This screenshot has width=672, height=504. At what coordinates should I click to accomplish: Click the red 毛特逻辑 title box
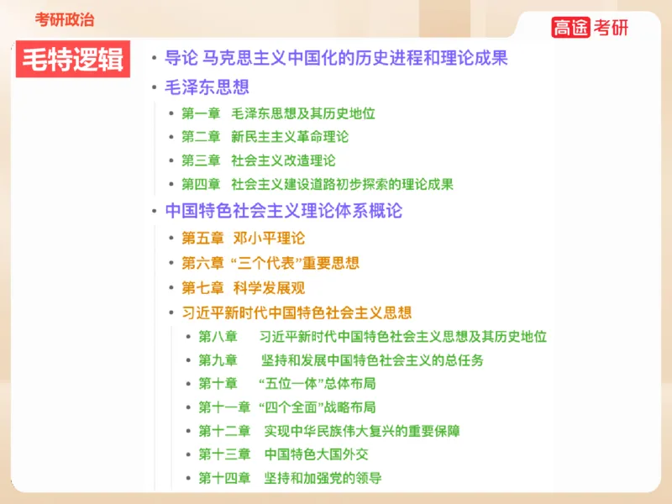point(72,59)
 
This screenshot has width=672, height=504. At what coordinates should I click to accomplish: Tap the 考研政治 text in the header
point(65,18)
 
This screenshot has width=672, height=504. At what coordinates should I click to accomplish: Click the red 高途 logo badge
point(571,27)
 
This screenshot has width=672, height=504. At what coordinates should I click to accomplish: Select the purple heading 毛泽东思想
point(207,87)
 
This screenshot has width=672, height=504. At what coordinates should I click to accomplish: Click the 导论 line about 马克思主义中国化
point(336,58)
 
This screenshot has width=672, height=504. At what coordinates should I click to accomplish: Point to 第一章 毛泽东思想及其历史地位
point(278,113)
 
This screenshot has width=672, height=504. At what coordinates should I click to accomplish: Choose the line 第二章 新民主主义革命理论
point(265,137)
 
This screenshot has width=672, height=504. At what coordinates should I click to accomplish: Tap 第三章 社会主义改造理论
point(258,160)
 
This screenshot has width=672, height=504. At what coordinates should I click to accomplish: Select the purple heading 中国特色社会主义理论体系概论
point(284,210)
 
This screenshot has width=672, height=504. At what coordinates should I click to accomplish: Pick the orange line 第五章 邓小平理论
point(244,238)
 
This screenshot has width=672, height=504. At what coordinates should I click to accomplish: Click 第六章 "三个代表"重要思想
point(270,263)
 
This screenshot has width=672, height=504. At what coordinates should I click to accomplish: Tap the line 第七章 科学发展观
point(244,288)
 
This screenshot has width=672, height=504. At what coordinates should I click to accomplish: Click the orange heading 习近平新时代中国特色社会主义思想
point(297,313)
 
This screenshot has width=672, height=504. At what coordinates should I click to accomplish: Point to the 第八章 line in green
point(372,337)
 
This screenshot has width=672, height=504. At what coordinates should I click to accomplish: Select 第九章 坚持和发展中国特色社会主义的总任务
point(340,360)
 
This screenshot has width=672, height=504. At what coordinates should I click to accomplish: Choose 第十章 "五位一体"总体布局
point(286,384)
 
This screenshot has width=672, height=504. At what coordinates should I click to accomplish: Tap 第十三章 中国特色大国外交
point(283,454)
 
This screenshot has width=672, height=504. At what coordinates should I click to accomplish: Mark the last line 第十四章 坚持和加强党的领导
point(290,478)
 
